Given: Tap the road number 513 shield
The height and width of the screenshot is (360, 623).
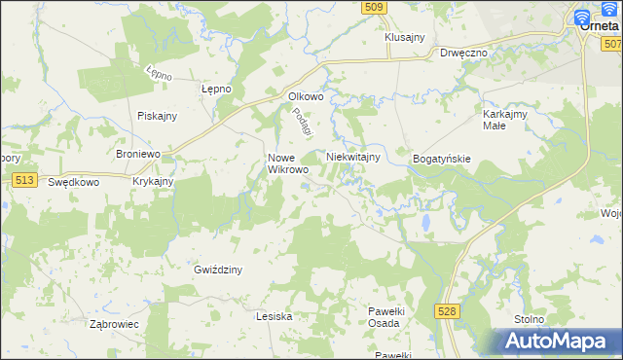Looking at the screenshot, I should click(26, 180).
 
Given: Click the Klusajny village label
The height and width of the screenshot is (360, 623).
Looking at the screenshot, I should click(405, 37).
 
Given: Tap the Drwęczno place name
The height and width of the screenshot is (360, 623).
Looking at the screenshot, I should click(463, 53).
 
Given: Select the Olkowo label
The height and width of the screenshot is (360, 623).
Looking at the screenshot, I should click(305, 96).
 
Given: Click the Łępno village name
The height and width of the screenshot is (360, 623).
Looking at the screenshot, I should click(215, 89).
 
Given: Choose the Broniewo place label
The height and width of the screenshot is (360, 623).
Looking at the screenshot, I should click(137, 155).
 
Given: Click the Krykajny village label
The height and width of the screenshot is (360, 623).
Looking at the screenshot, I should click(153, 182).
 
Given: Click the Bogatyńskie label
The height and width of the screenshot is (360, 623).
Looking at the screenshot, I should click(442, 158).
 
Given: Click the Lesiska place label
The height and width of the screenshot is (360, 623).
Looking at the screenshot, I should click(274, 316).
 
